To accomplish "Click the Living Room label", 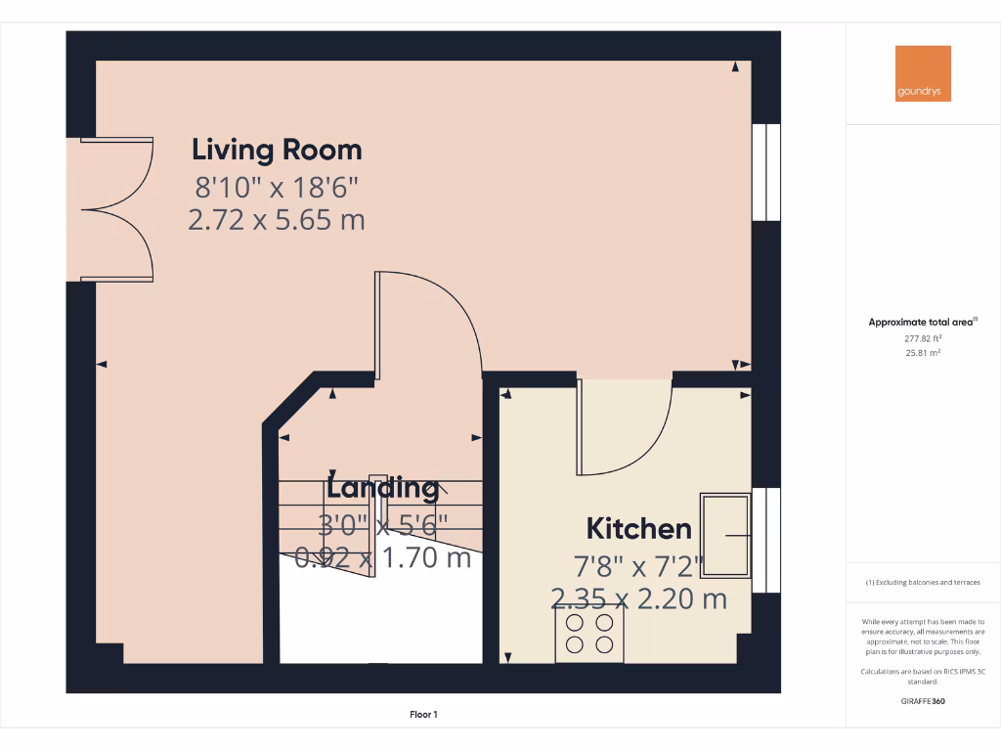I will [277, 150].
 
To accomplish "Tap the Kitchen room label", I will [638, 529].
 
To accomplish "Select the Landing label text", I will [382, 487].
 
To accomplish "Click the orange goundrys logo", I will [923, 73].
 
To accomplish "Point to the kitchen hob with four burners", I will [590, 633].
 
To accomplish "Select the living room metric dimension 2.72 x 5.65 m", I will [276, 220].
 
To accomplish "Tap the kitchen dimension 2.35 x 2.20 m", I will [638, 598].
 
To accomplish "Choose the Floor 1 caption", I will [423, 715].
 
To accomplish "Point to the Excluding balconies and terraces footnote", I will [923, 583].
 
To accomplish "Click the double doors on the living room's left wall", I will [115, 209].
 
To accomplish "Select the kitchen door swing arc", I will [626, 430].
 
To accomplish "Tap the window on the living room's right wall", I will [766, 172].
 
